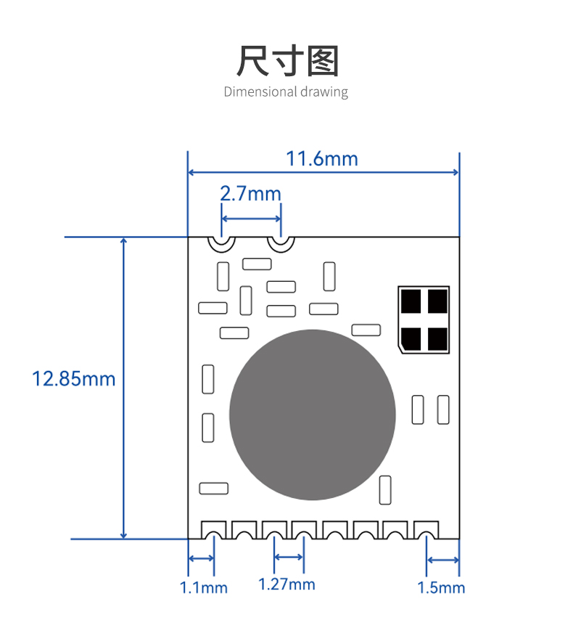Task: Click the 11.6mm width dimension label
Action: click(322, 159)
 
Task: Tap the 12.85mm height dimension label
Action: click(74, 379)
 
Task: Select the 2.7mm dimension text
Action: click(251, 193)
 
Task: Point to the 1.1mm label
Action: click(203, 588)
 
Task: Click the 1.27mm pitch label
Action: click(286, 584)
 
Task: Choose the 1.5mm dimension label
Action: click(441, 588)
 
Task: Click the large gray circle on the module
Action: click(313, 415)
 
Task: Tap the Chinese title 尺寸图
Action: click(287, 61)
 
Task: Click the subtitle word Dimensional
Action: click(260, 91)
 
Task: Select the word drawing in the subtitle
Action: click(324, 92)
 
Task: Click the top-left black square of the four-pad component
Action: click(411, 301)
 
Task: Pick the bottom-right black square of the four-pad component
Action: click(437, 339)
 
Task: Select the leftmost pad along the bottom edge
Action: click(214, 530)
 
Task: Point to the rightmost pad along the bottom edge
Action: click(426, 530)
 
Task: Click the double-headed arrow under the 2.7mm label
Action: click(251, 219)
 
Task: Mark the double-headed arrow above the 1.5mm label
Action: click(443, 560)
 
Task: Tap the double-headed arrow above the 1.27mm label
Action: click(289, 557)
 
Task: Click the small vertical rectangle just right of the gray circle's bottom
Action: click(385, 490)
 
